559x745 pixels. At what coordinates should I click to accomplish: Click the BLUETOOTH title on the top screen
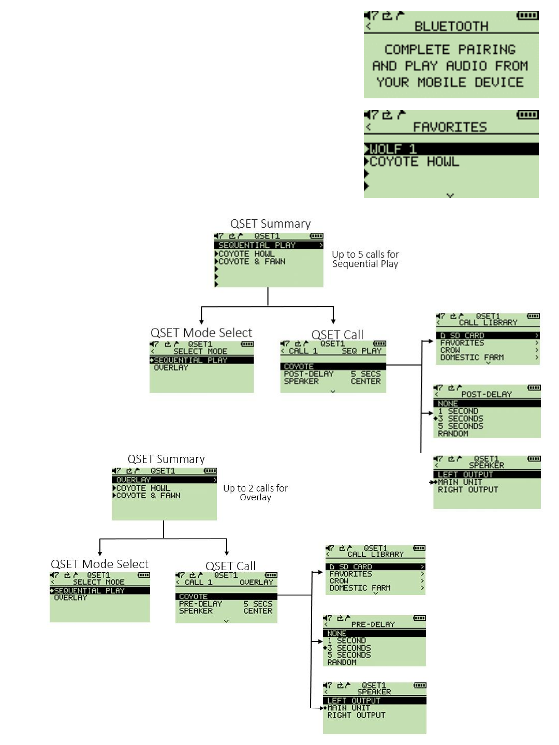tap(451, 26)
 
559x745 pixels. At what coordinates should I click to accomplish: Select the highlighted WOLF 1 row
tap(450, 149)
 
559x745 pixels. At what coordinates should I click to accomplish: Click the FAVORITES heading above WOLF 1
tap(450, 127)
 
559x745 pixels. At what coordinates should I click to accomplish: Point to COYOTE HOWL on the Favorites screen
tap(414, 162)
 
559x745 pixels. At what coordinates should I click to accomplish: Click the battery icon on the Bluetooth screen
tap(527, 16)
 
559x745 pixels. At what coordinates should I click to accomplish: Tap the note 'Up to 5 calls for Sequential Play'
tap(365, 259)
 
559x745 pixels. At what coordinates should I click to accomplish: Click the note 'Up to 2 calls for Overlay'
tap(255, 493)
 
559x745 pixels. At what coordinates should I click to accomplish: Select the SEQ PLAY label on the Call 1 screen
tap(361, 351)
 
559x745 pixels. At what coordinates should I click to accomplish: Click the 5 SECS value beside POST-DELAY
tap(365, 374)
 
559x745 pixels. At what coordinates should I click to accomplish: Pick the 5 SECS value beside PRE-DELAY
tap(258, 604)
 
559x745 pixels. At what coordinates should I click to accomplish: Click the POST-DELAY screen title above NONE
tap(486, 394)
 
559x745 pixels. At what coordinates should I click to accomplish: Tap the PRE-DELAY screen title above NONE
tap(373, 624)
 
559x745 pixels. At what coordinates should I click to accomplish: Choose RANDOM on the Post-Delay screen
tap(453, 434)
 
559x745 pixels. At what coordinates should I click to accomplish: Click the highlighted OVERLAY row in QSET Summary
tap(164, 480)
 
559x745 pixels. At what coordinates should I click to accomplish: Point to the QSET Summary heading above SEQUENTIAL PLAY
tap(270, 224)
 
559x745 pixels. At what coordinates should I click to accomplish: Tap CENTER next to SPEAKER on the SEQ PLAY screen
tap(365, 381)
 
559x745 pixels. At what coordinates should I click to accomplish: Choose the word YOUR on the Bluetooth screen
tap(392, 82)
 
